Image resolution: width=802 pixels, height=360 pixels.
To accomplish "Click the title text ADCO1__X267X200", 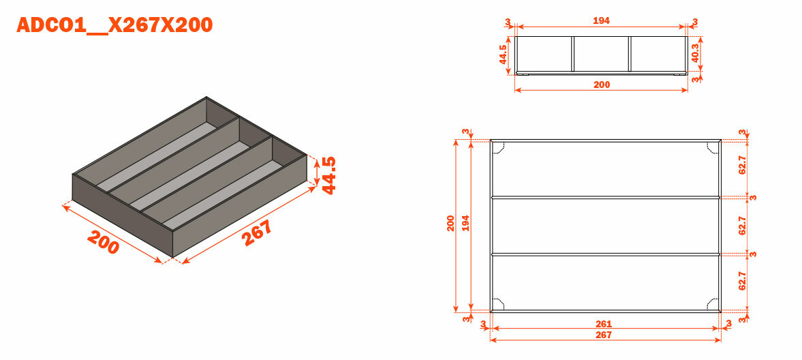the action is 114,25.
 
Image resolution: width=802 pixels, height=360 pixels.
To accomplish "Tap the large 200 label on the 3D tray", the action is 104,242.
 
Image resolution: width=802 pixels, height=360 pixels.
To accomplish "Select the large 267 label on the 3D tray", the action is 257,233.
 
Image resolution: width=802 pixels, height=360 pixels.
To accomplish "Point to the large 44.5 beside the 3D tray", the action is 328,175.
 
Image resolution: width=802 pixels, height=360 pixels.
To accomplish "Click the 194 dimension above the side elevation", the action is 602,20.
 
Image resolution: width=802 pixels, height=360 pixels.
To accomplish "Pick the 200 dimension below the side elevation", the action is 602,85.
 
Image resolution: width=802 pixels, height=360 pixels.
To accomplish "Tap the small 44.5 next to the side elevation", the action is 503,55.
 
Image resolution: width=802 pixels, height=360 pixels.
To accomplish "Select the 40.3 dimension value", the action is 694,52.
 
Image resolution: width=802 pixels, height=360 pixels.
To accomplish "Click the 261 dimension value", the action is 604,324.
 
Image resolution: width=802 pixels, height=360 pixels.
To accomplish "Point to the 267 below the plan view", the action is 604,335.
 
